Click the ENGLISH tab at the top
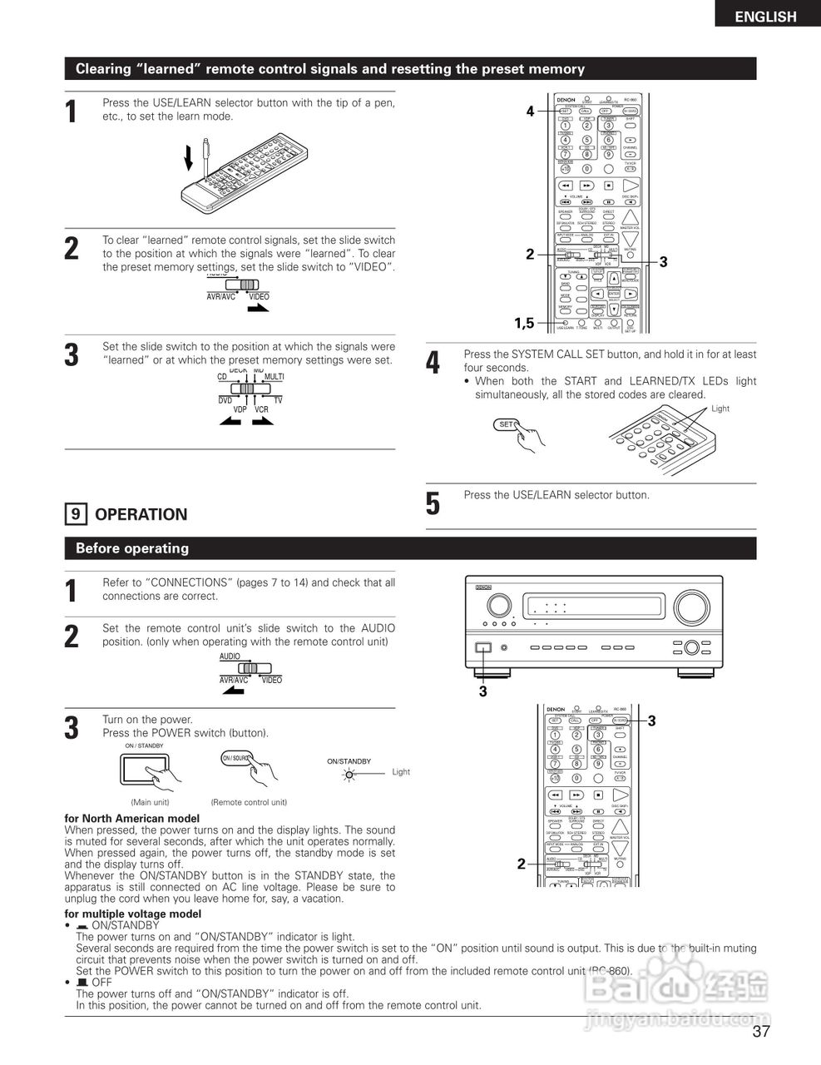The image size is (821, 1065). point(765,16)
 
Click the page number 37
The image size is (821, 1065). point(761,1032)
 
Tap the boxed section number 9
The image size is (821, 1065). point(75,514)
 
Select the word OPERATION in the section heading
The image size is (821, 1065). point(141,514)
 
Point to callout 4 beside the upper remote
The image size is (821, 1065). point(530,111)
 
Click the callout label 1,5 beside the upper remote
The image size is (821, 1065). point(524,323)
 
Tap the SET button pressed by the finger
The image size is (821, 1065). point(506,424)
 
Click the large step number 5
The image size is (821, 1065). point(433,503)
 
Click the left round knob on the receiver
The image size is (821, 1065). point(498,604)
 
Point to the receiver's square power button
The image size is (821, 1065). point(483,647)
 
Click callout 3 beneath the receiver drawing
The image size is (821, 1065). point(482,691)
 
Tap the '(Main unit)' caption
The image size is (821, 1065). point(150,802)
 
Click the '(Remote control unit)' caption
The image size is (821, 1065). point(249,802)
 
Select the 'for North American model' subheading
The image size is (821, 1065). point(131,819)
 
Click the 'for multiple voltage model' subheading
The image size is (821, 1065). point(132,914)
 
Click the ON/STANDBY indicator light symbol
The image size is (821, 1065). point(350,774)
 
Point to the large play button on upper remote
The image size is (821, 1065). point(630,186)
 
